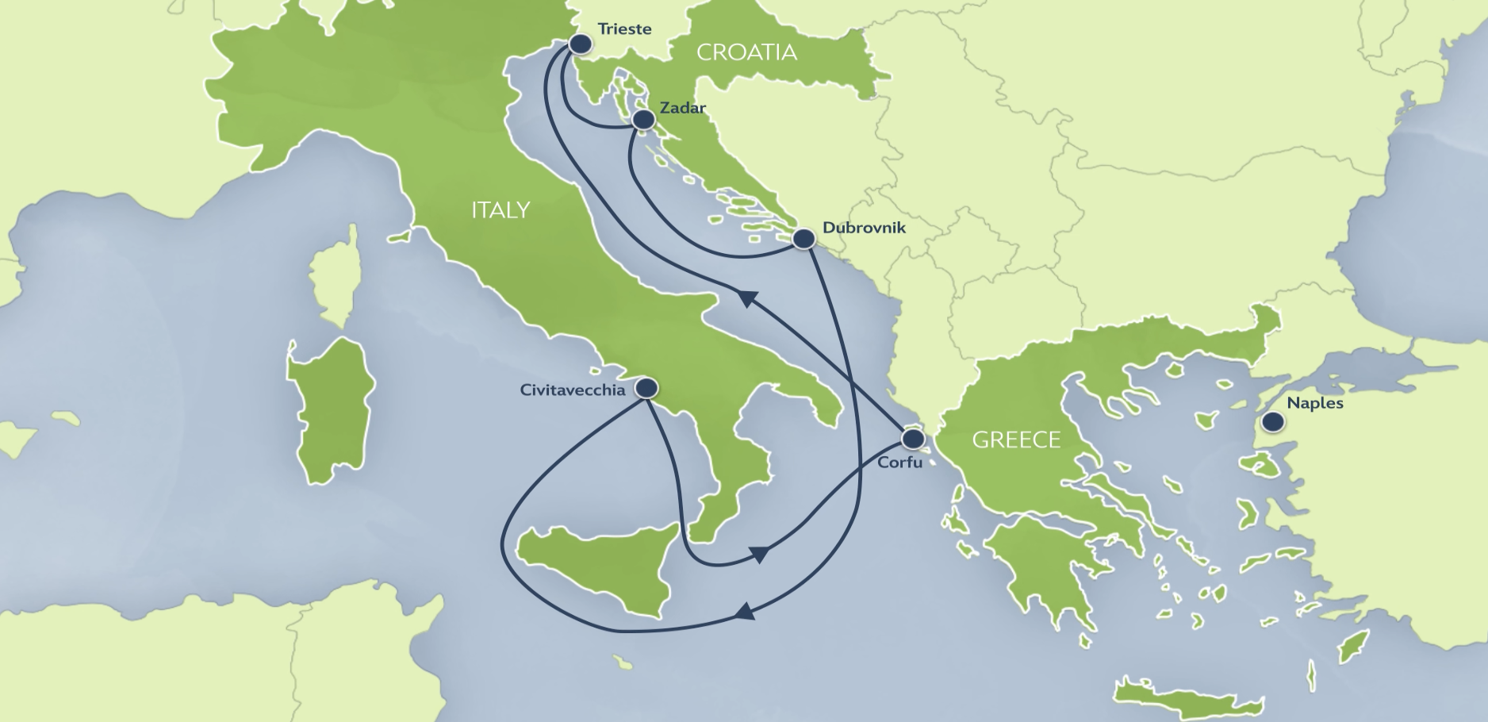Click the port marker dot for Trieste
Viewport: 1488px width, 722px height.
581,44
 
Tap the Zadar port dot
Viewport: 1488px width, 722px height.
643,120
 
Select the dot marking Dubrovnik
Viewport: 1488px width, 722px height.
803,238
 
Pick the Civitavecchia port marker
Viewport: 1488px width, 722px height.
647,388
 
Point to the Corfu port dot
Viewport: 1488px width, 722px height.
913,439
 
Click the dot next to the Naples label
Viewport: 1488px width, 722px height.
1273,422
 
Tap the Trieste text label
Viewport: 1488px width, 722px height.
624,29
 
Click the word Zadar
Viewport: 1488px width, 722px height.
682,108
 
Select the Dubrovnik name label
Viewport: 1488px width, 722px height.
864,228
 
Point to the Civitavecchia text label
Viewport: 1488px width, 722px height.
573,390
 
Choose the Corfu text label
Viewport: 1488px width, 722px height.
899,462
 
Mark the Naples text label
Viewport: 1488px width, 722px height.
1314,403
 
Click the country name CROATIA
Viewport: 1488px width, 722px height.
746,52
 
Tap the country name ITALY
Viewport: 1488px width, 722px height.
500,210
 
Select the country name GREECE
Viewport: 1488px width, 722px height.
1016,440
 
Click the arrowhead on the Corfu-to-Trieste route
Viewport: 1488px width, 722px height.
745,297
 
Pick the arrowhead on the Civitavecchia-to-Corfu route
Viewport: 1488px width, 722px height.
759,553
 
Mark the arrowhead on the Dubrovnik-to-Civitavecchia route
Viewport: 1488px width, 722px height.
743,612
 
